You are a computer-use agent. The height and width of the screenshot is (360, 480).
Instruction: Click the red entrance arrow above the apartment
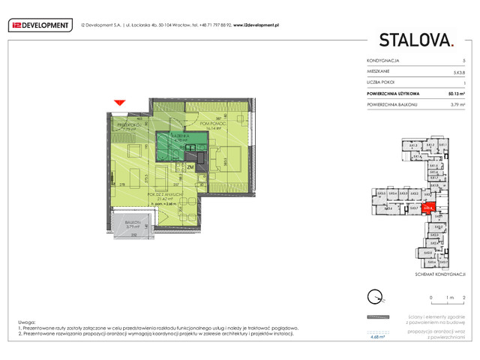click(117, 103)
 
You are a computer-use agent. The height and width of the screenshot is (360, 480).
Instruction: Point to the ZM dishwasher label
click(190, 166)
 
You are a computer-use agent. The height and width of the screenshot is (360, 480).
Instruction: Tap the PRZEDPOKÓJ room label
click(123, 124)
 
